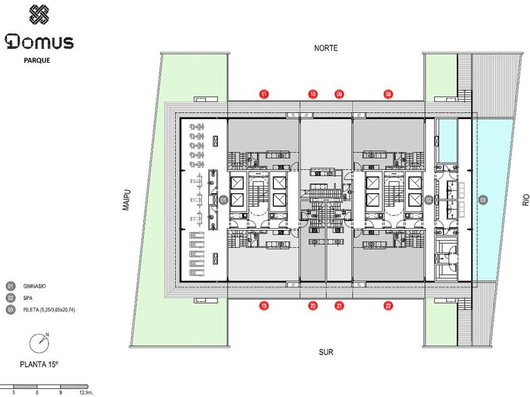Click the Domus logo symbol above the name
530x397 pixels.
tap(38, 15)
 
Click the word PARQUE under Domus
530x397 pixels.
tap(37, 60)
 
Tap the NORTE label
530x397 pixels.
tap(326, 48)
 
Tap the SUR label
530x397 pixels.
tap(326, 352)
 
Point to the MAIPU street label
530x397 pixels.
tap(126, 200)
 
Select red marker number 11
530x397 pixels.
tap(264, 94)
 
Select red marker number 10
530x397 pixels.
tap(313, 94)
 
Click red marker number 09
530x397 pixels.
tap(339, 94)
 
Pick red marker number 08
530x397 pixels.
tap(388, 94)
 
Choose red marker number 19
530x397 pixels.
tap(264, 306)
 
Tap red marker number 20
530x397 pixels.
tap(313, 306)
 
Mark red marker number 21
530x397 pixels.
tap(339, 306)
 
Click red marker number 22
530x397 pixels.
tap(388, 306)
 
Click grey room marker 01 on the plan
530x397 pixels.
tap(223, 200)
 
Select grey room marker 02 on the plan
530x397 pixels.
tap(428, 200)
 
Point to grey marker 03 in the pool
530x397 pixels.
tap(483, 200)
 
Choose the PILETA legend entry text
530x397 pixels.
tap(53, 309)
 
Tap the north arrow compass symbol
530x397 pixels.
tap(38, 343)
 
